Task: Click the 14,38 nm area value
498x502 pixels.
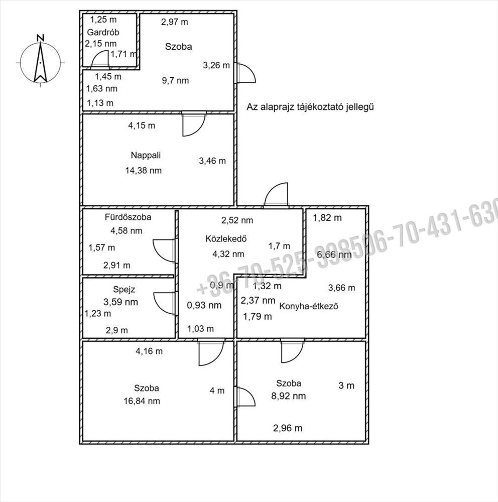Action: tap(144, 170)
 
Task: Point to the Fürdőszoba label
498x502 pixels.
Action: tap(128, 217)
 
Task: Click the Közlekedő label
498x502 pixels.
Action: tap(225, 238)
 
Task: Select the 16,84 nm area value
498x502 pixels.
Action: tap(143, 401)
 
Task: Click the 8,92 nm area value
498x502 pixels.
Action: tap(288, 396)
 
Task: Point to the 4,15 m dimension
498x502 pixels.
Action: tap(142, 125)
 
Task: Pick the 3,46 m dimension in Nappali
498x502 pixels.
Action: tap(212, 161)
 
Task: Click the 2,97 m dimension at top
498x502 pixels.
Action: tap(175, 22)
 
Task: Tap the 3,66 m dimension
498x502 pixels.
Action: tap(341, 288)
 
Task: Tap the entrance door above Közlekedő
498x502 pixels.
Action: tap(277, 195)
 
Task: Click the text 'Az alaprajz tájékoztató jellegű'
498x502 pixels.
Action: tap(311, 107)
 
